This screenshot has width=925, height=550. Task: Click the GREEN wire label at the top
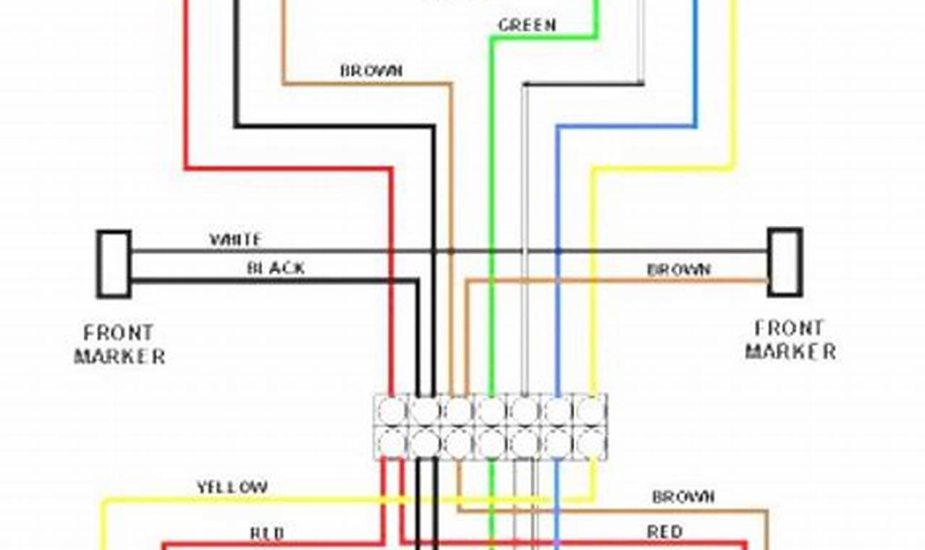click(x=526, y=25)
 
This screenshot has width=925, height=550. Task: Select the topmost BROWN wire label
click(x=371, y=71)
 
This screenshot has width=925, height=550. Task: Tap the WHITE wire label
click(x=235, y=239)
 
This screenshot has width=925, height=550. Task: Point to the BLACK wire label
click(x=276, y=268)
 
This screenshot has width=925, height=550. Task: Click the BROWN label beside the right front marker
click(x=678, y=269)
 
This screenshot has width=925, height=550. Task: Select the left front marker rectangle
click(x=114, y=264)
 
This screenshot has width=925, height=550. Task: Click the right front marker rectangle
click(x=785, y=262)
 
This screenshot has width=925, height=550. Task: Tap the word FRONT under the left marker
click(x=119, y=333)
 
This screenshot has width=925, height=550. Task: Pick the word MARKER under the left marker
click(x=120, y=356)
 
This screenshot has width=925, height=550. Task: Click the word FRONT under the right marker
click(x=789, y=329)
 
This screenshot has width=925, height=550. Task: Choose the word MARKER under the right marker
click(x=790, y=352)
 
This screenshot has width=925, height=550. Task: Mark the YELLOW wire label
click(x=232, y=487)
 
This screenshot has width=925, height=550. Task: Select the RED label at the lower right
click(x=664, y=532)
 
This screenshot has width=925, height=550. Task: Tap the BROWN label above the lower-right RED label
click(x=683, y=496)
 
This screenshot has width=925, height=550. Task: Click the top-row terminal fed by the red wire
click(x=392, y=411)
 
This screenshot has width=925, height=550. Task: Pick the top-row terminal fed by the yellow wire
click(x=591, y=411)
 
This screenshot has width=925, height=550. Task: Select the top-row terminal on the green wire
click(x=491, y=411)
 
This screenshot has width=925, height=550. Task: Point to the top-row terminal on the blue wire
click(x=558, y=411)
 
